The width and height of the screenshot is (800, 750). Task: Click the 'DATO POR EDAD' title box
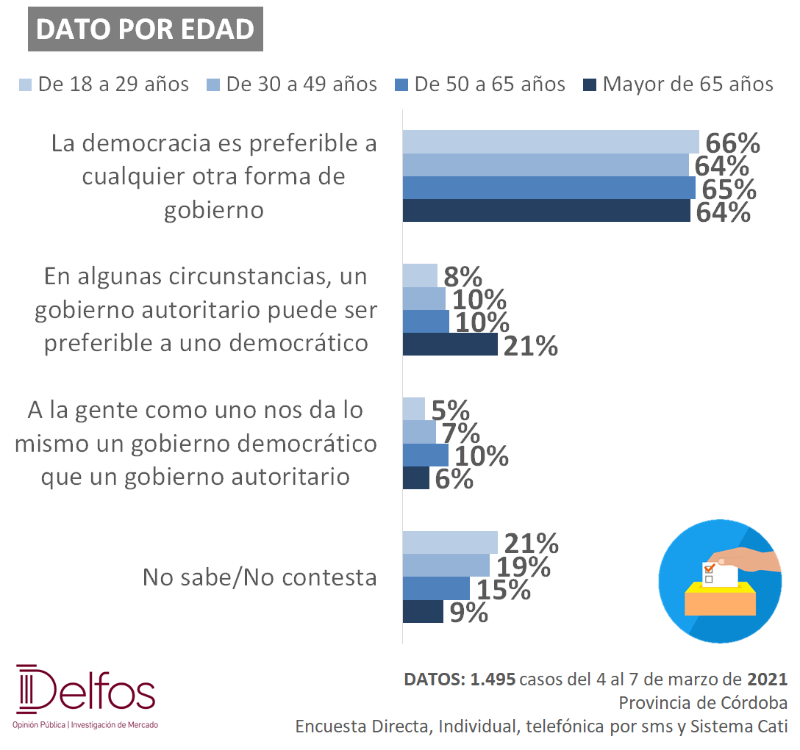[146, 29]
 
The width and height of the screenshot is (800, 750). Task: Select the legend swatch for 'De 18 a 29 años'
[25, 84]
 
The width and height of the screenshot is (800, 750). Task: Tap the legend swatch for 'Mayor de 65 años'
[590, 84]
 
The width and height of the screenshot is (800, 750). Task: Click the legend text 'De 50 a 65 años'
[490, 84]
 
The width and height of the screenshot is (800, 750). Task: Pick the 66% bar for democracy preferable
[551, 142]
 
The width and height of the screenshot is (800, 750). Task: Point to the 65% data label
[729, 190]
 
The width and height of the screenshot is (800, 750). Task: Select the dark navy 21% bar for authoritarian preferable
[450, 345]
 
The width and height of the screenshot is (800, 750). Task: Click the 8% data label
[463, 277]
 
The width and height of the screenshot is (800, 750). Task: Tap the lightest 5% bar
[414, 409]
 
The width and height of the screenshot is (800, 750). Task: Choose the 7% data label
[461, 433]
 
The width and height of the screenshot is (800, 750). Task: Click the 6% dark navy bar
[416, 477]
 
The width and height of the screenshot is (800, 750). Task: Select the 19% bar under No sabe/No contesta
[446, 566]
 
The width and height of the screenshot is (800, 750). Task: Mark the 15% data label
[504, 590]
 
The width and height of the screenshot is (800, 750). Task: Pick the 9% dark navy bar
[423, 611]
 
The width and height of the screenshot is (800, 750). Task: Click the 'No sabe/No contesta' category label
[260, 577]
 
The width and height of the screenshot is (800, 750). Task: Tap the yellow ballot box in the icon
[720, 599]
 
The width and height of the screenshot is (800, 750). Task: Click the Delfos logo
[86, 696]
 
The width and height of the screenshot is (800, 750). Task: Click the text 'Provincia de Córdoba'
[703, 702]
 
